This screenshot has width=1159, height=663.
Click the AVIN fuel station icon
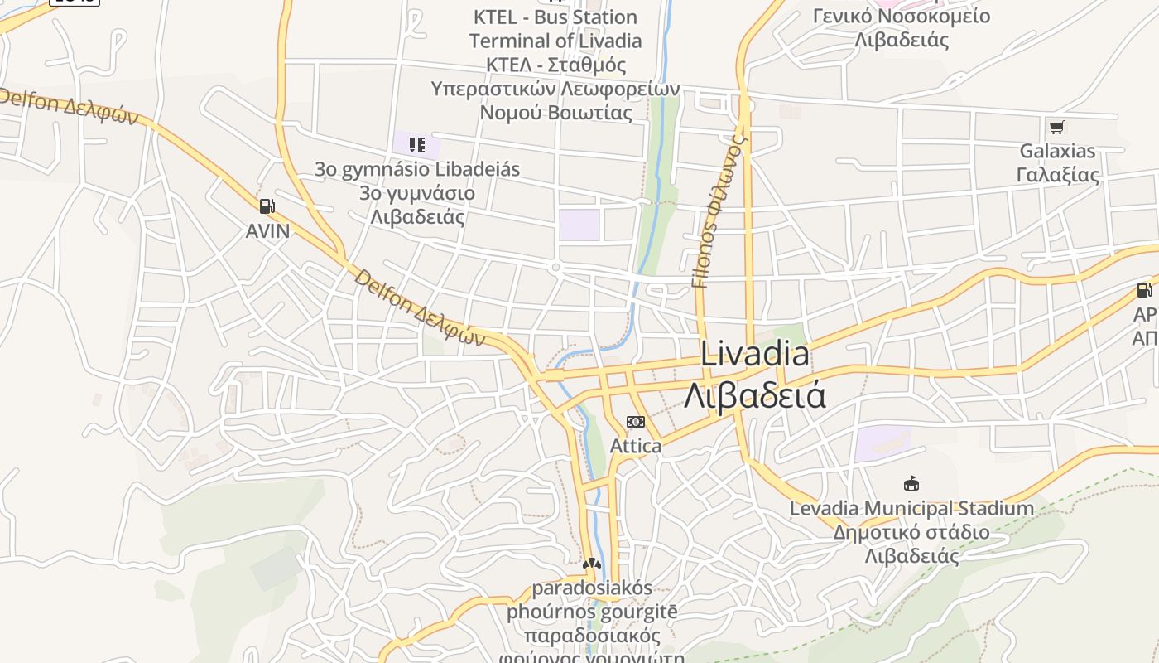267,206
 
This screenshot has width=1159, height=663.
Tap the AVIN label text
268,231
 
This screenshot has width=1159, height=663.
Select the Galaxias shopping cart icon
1056,127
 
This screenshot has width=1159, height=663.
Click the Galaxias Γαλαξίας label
1057,163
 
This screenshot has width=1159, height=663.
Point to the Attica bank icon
635,422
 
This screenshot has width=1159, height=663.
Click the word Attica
636,446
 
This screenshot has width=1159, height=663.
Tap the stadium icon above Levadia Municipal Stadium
911,483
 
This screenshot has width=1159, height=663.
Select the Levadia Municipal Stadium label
911,508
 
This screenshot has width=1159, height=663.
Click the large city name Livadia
754,355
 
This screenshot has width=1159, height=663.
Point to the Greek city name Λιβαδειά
754,395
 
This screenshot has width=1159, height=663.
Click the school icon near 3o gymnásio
417,145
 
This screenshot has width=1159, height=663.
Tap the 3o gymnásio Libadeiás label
417,169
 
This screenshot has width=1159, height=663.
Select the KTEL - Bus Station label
555,17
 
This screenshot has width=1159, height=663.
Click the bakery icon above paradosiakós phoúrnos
590,564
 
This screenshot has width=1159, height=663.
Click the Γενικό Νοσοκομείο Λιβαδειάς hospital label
902,27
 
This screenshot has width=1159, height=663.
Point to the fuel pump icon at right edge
1144,290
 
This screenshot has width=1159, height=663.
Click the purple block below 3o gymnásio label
579,225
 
